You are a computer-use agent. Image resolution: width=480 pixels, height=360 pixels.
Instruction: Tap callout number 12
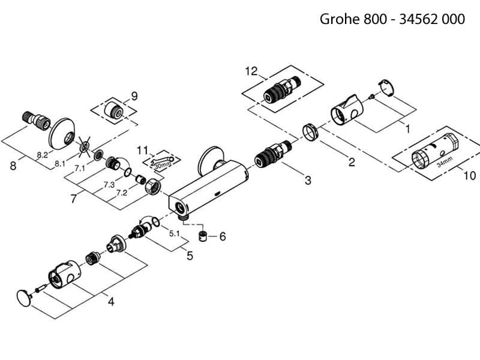point(251,71)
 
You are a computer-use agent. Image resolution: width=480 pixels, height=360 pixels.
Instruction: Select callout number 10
point(470,176)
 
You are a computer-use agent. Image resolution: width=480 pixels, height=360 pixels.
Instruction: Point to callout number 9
point(134,95)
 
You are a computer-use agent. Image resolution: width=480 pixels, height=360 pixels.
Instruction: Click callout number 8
point(13,166)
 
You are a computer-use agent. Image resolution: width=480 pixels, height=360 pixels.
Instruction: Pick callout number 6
point(222,237)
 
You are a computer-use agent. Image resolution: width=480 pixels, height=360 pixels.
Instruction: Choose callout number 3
point(308,181)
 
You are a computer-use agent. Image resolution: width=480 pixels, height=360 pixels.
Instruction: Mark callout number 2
point(352,162)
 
